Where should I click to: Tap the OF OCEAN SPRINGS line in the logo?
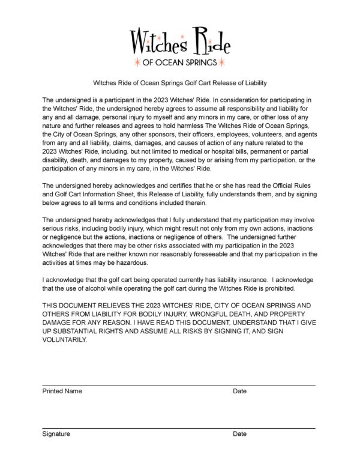point(179,62)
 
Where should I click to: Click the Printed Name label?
point(62,391)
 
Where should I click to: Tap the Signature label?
point(56,434)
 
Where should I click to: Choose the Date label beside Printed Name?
point(239,391)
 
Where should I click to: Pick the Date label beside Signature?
point(239,434)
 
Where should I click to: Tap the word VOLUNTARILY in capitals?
point(65,339)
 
